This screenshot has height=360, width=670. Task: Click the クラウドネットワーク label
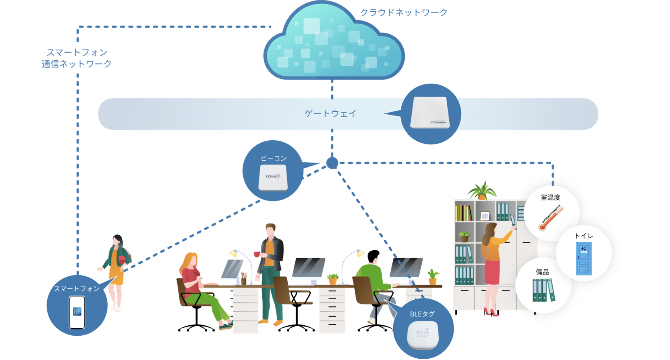[x=404, y=13]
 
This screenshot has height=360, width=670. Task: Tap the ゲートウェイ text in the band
[x=330, y=113]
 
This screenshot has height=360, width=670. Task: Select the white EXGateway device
[x=430, y=113]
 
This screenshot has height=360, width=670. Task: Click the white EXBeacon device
[x=273, y=177]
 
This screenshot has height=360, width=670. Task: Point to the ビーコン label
[x=273, y=158]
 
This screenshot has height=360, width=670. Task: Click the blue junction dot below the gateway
[x=332, y=163]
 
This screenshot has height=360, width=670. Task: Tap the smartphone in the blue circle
[x=77, y=312]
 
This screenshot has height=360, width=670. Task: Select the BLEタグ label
[x=422, y=314]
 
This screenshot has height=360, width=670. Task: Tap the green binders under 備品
[x=544, y=290]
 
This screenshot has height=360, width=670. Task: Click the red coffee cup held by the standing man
[x=257, y=254]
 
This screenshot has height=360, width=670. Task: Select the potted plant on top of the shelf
[x=482, y=191]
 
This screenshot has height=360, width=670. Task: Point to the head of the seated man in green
[x=373, y=256]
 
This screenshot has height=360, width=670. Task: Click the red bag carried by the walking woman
[x=122, y=259]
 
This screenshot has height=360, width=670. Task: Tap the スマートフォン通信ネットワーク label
[x=77, y=58]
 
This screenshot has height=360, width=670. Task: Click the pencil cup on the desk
[x=244, y=280]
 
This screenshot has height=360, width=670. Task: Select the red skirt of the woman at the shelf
[x=492, y=272]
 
